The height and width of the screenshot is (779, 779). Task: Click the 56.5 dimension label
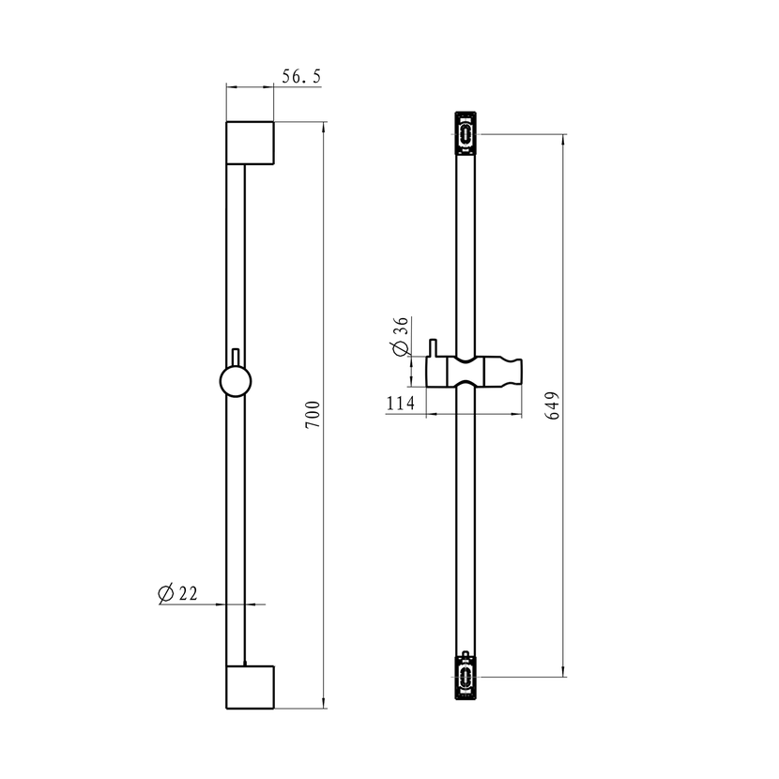pos(301,77)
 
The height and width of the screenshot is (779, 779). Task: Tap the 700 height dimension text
pos(313,416)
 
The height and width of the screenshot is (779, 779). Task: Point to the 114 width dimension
pos(401,403)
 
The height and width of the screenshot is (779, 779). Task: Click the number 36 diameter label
pos(401,327)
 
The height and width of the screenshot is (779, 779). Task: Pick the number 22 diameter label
pos(189,593)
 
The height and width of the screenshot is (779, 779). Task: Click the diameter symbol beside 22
pos(165,594)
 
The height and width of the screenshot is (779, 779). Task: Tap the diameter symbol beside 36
pos(401,348)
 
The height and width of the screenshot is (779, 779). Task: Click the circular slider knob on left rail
pos(236,381)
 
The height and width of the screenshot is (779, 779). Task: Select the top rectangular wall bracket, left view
pos(250,143)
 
